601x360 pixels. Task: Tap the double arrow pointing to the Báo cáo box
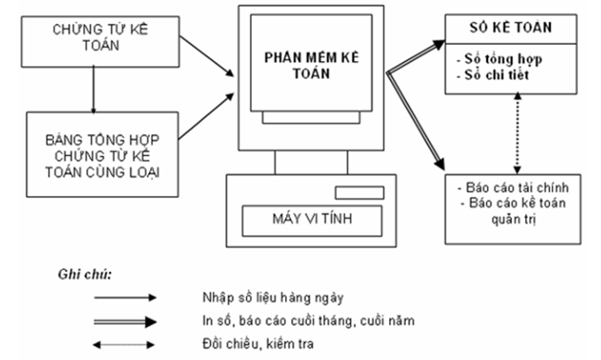click(415, 124)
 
